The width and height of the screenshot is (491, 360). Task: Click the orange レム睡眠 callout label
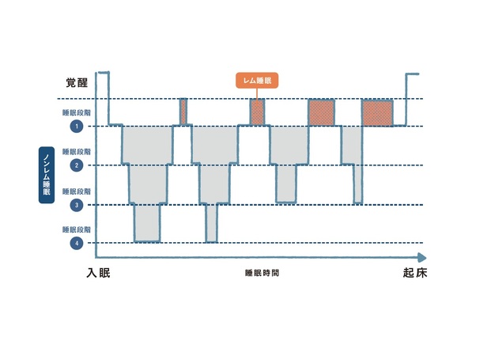(x=257, y=81)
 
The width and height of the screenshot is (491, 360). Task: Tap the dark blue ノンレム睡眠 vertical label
(x=47, y=175)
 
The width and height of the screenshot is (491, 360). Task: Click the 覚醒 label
(x=77, y=83)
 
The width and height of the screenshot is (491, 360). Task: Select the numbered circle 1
(x=77, y=127)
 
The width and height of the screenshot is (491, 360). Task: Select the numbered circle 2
(x=77, y=165)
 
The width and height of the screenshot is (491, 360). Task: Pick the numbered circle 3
(x=77, y=205)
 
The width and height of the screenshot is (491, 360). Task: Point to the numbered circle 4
(x=77, y=243)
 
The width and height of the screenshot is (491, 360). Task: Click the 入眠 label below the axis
(x=98, y=273)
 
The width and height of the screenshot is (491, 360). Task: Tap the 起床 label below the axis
(x=415, y=273)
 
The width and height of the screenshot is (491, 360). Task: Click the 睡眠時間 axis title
(x=262, y=273)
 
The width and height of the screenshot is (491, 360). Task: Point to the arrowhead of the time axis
(x=421, y=258)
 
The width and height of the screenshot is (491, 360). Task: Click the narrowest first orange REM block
(x=183, y=112)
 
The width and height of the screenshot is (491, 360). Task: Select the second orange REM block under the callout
(x=257, y=112)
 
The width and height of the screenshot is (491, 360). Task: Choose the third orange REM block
(x=321, y=112)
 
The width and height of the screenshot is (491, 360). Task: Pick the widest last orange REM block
(x=377, y=113)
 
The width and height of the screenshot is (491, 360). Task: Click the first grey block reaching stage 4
(x=147, y=223)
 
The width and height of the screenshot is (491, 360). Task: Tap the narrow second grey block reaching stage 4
(x=212, y=223)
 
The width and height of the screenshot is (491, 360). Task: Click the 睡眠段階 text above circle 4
(x=77, y=229)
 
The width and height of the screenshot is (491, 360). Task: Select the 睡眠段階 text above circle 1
(x=77, y=112)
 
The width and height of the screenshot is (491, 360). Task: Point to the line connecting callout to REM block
(x=257, y=93)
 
